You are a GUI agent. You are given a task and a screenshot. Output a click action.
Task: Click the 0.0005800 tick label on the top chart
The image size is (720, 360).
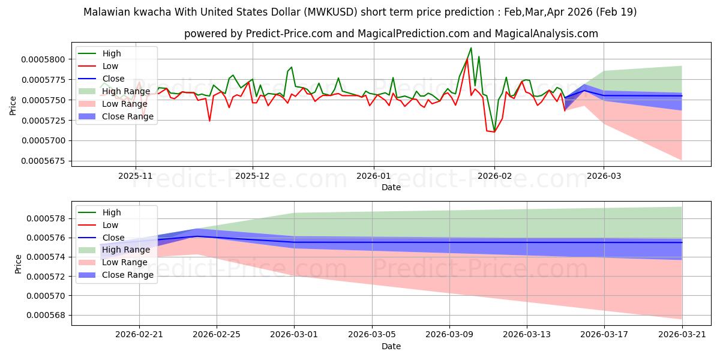[x=43, y=59]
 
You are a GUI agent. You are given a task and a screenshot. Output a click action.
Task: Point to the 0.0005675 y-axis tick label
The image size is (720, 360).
[x=43, y=161]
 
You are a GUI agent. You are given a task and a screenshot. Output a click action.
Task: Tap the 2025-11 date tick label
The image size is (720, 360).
[x=136, y=176]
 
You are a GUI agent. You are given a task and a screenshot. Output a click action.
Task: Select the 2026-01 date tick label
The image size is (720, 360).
[x=373, y=176]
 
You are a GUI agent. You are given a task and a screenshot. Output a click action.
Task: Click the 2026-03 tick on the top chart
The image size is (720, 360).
[x=604, y=176]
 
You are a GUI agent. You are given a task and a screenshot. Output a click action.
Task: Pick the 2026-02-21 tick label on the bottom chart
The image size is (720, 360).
[x=139, y=335]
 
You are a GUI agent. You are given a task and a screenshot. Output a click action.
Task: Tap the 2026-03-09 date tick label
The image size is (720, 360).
[x=449, y=335]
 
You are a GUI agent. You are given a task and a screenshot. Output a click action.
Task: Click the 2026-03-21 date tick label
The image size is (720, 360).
[x=682, y=335]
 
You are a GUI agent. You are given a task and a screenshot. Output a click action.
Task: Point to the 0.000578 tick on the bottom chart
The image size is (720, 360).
[x=46, y=218]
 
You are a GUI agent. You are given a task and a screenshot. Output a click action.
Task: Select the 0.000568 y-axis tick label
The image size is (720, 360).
[x=46, y=316]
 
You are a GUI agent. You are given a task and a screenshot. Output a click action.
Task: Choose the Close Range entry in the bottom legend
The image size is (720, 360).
[x=116, y=275]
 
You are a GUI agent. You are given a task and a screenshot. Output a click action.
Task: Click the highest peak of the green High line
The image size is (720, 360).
[x=471, y=48]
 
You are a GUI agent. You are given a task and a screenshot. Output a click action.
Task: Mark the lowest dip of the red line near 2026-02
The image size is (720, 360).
[x=494, y=132]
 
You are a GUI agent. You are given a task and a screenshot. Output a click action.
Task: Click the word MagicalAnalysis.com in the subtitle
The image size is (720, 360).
[x=547, y=34]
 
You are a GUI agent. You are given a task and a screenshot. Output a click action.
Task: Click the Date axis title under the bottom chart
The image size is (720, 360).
[x=391, y=346]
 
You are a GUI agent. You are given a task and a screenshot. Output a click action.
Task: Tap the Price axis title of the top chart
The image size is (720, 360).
[x=13, y=106]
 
